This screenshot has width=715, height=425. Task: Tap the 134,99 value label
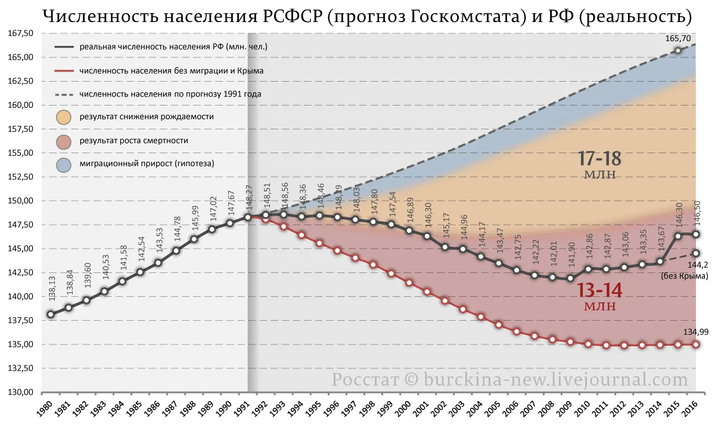click(690, 332)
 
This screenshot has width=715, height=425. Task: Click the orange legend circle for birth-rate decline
click(63, 117)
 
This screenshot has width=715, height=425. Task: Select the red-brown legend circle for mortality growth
click(63, 141)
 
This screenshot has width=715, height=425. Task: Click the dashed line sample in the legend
click(63, 94)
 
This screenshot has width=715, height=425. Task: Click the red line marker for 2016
click(695, 345)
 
